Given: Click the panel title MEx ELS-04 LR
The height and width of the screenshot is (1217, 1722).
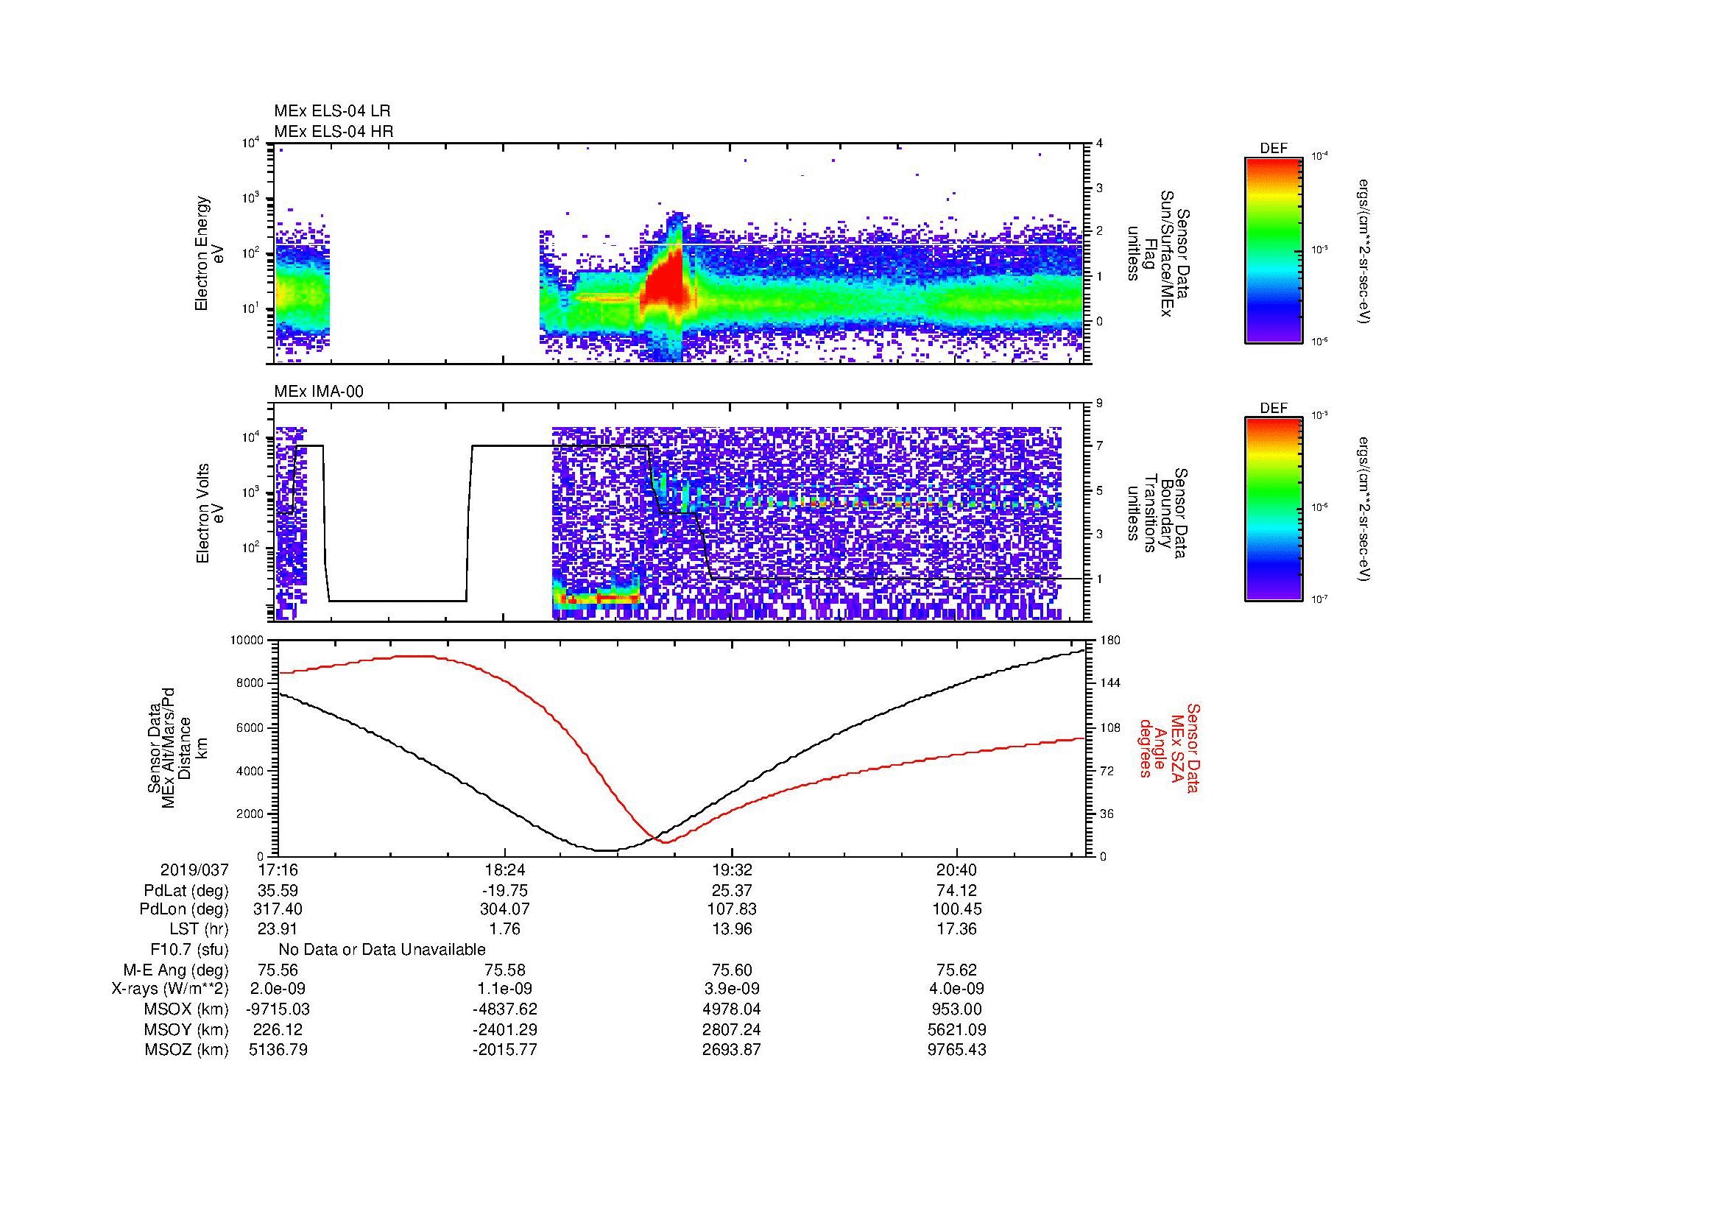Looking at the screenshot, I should [332, 111].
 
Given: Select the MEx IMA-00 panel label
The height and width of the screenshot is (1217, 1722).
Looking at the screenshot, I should [319, 392].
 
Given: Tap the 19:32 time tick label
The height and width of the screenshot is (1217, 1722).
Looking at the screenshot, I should [731, 870].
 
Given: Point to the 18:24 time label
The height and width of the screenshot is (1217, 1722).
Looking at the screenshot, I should [505, 870].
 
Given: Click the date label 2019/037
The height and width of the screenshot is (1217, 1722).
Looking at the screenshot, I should [194, 870].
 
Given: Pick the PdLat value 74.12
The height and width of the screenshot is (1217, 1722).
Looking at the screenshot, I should [956, 891].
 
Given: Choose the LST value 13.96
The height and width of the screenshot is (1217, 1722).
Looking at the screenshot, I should [731, 930].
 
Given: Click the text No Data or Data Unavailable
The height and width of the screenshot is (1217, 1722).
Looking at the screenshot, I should [382, 950].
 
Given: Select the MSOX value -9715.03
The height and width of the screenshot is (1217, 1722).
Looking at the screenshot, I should [278, 1009].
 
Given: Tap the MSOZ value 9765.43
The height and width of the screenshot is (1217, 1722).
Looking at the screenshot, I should [956, 1050].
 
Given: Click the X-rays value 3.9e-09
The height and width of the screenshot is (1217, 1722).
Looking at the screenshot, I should [731, 989].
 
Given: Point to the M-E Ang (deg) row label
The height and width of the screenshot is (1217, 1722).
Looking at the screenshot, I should [176, 970].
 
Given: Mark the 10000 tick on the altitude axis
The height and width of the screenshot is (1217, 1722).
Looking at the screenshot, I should [247, 641].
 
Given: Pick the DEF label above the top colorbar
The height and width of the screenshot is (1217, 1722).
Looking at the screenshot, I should [1274, 149].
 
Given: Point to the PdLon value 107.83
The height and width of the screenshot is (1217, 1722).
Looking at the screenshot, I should [731, 909].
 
